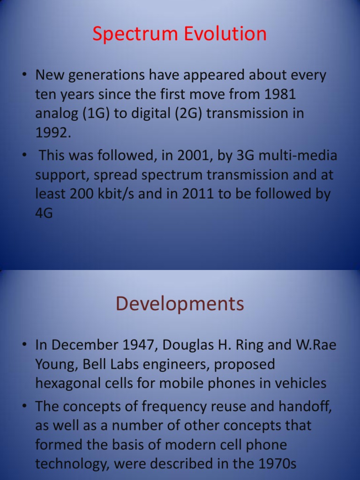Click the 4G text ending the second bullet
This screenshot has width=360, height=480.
click(x=44, y=213)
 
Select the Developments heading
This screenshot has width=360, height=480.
click(x=180, y=304)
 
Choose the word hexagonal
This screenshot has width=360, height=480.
click(x=70, y=383)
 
